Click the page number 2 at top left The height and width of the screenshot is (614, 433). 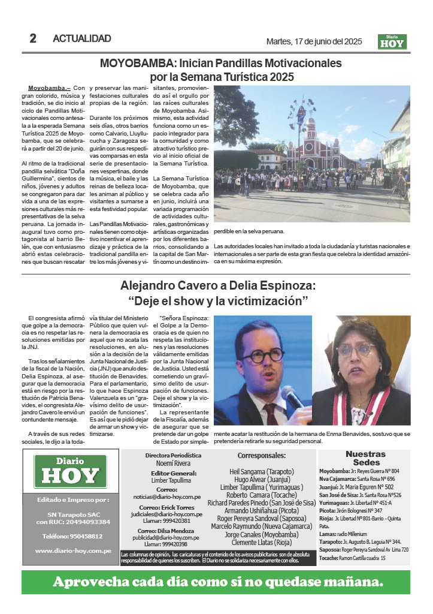[33, 39]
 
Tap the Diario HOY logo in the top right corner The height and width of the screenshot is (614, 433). [392, 41]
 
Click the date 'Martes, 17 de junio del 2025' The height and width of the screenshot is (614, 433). [314, 42]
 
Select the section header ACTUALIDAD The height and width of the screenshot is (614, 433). [82, 39]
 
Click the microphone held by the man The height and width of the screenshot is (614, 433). [292, 398]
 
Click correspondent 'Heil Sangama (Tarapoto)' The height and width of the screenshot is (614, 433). [262, 472]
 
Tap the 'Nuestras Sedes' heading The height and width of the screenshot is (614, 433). [365, 458]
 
